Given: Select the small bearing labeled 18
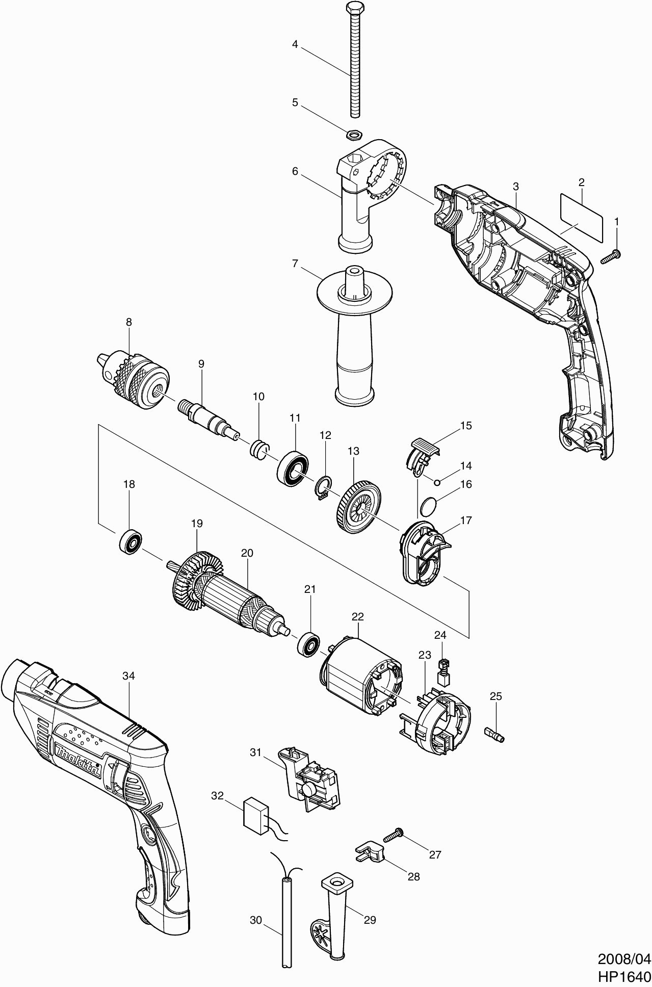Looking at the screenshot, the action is [x=130, y=541].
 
